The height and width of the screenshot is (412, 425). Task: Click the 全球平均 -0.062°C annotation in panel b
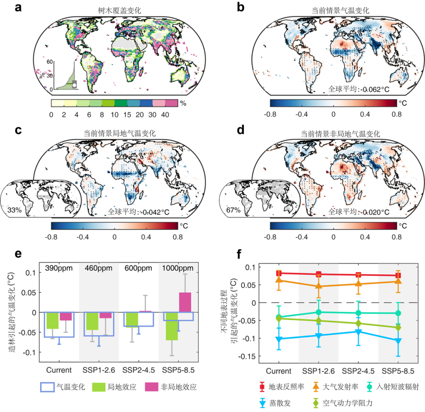[358, 89]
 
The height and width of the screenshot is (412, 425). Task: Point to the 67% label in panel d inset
[233, 211]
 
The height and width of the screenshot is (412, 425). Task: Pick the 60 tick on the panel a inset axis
[49, 62]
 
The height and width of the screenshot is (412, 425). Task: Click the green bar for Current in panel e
[52, 320]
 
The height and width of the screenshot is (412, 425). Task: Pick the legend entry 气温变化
[63, 387]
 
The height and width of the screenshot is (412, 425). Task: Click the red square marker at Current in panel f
[279, 273]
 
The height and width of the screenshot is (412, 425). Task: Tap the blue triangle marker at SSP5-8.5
[398, 341]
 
